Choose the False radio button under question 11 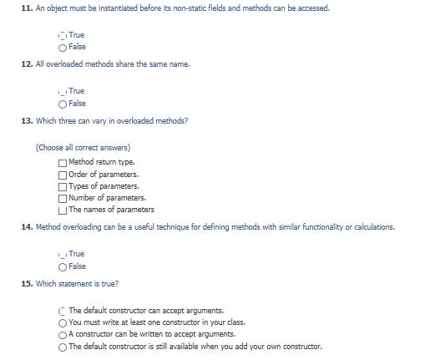tap(63, 48)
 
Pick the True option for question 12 tap(63, 90)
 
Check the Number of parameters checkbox tap(63, 197)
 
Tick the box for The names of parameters tap(63, 209)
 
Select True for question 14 tap(63, 253)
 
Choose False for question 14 tap(63, 264)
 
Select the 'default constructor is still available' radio tap(63, 345)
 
